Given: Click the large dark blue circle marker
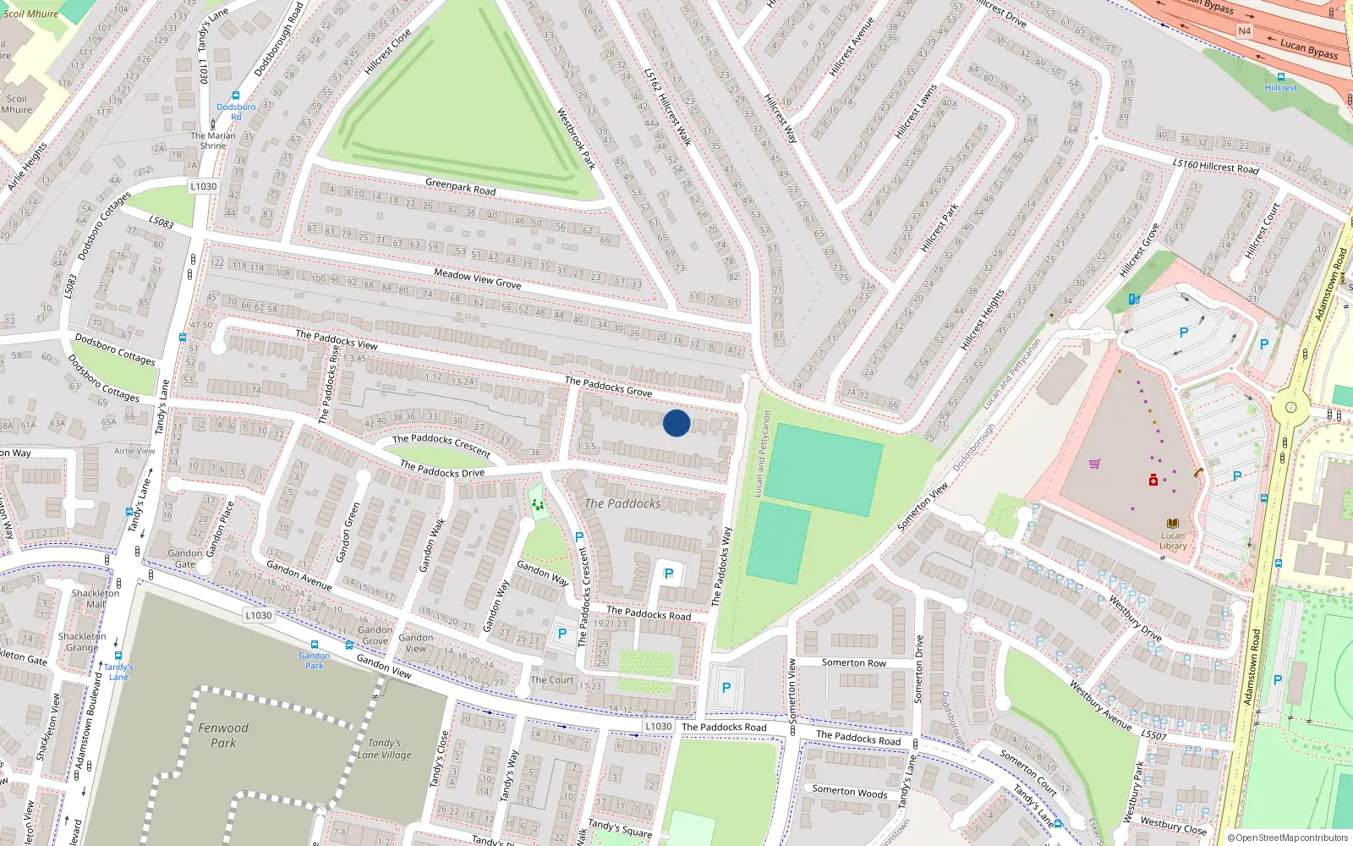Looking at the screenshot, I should (x=676, y=423).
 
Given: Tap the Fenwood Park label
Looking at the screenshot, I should (x=223, y=735).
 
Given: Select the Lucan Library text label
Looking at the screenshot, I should (x=1173, y=541).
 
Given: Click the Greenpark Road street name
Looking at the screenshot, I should (x=461, y=186).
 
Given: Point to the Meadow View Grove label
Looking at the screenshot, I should (x=477, y=278).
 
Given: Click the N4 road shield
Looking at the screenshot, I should (x=1244, y=31).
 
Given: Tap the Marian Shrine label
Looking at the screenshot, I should (x=213, y=140).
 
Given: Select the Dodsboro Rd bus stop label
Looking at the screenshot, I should (x=236, y=112).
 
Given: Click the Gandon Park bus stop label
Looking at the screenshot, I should (x=315, y=661).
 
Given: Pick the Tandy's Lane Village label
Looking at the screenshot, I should (x=384, y=749).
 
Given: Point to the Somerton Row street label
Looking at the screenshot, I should (x=854, y=662).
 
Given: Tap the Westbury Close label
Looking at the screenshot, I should (x=1173, y=825).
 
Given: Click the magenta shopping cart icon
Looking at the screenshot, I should (x=1095, y=464).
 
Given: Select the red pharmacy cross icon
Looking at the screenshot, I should (x=1153, y=481).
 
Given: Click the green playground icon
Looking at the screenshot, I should (x=537, y=505).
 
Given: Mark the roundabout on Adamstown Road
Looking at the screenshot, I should (x=1290, y=407).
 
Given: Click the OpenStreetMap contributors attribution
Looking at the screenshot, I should (x=1288, y=838).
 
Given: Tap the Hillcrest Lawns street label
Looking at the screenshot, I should (x=916, y=111).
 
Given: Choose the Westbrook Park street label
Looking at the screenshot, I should (x=576, y=138).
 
